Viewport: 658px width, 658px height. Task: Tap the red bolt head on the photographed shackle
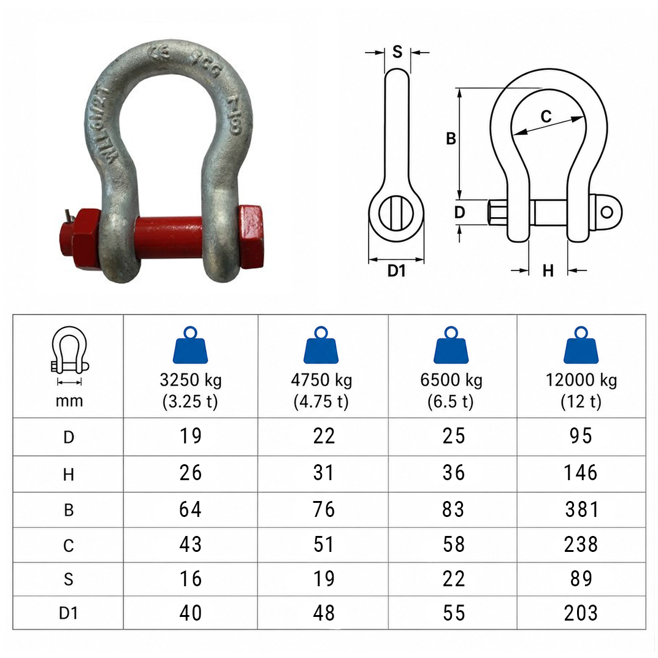tap(251, 237)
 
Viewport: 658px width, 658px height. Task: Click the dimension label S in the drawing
tap(397, 52)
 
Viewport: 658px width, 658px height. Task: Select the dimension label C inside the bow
tap(546, 117)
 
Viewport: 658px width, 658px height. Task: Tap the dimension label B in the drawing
tap(451, 139)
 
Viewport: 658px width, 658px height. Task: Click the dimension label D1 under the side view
tap(396, 271)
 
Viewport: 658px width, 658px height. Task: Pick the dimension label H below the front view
tap(548, 271)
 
